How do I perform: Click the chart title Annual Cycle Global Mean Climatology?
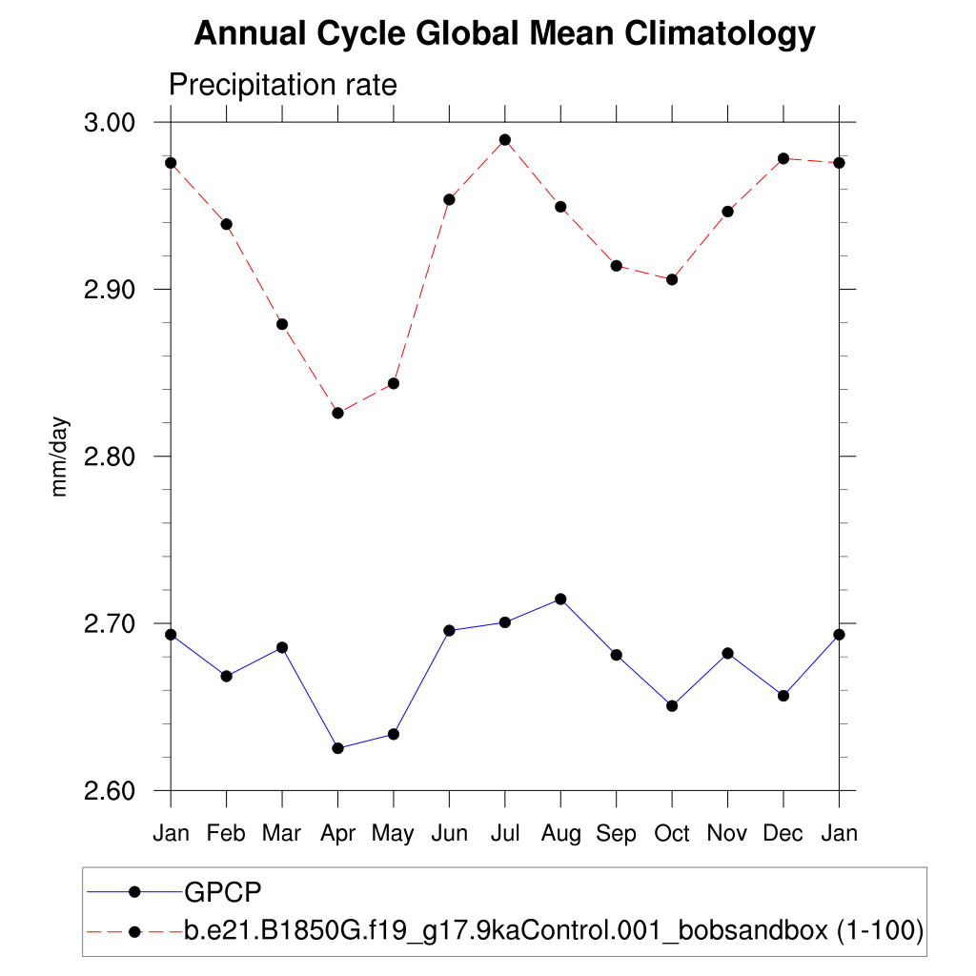(504, 34)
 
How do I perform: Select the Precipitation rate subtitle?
(282, 85)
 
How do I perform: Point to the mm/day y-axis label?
(60, 457)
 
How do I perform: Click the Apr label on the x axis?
(337, 834)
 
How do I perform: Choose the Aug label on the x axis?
(560, 834)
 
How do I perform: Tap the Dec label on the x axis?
(783, 834)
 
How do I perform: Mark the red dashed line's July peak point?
(505, 140)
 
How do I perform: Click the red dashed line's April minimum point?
(337, 413)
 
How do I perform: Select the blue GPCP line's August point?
(560, 600)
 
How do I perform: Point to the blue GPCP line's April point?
(337, 748)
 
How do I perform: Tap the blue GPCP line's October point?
(672, 706)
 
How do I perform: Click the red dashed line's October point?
(672, 279)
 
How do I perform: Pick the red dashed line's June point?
(449, 199)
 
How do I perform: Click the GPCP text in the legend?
(223, 892)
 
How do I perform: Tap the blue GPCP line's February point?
(226, 676)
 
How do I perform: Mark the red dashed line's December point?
(783, 158)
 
